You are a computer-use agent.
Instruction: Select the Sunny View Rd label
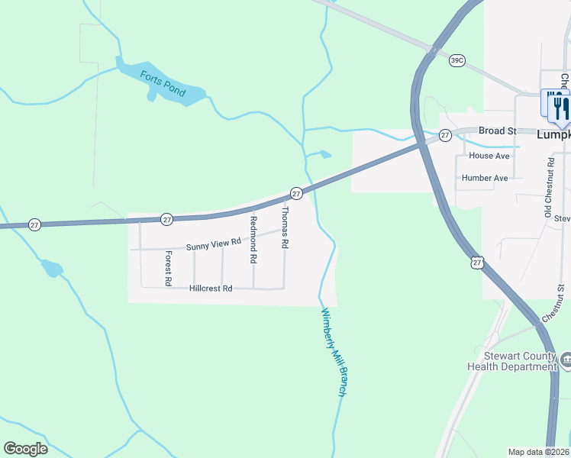(214, 244)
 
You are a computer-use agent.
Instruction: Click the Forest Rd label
(169, 263)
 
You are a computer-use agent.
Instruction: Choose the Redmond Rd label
(253, 240)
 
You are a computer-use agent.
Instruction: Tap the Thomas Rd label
(285, 227)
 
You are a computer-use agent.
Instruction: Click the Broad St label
(498, 131)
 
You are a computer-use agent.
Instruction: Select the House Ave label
(489, 156)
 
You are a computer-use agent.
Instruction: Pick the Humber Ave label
(485, 178)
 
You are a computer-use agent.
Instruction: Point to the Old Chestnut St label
(549, 188)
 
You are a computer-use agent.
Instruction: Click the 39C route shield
(457, 60)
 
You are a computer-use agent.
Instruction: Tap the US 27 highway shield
(477, 263)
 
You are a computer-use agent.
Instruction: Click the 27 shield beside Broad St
(446, 135)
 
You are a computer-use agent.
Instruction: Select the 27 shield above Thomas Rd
(296, 194)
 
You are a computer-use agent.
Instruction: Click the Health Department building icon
(566, 359)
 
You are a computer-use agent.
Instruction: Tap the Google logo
(26, 449)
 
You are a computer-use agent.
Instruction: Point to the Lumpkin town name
(553, 134)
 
